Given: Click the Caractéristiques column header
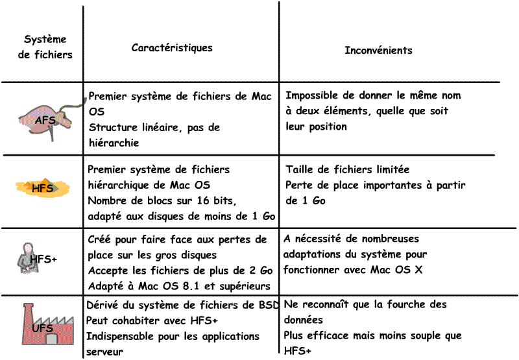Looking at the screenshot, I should pos(172,48).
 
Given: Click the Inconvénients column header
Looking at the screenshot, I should pos(378,50).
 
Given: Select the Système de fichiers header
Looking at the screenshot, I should pos(45,47).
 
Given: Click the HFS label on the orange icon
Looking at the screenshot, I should pos(43,188).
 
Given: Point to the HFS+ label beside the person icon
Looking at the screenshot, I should pos(44,259).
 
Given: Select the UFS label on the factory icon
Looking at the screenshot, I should pos(42,329).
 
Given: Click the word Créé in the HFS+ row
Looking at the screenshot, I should pos(100,239).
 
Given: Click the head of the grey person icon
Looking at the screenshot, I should pos(27,247).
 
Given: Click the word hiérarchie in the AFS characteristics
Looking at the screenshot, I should pos(114,143).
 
